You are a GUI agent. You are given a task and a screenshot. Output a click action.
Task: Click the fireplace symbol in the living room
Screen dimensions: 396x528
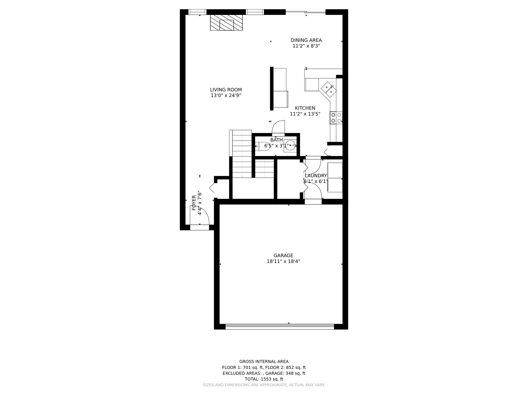pyautogui.click(x=226, y=23)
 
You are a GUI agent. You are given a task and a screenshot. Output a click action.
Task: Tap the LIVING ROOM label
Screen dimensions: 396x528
pyautogui.click(x=226, y=90)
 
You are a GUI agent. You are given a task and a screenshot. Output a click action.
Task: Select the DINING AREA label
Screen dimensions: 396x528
pyautogui.click(x=306, y=40)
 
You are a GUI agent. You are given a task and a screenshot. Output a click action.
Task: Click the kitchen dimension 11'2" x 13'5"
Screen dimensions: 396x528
pyautogui.click(x=305, y=114)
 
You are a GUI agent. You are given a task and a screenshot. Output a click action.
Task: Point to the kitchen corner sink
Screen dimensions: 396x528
pyautogui.click(x=328, y=89)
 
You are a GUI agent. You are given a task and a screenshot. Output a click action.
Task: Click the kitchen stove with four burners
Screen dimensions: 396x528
pyautogui.click(x=336, y=118)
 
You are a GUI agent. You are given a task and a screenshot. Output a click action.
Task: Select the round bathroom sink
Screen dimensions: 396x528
pyautogui.click(x=290, y=145)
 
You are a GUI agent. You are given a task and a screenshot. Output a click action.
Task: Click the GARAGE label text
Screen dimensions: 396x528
pyautogui.click(x=283, y=255)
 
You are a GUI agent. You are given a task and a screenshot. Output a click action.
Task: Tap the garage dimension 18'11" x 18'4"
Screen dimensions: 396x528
pyautogui.click(x=283, y=261)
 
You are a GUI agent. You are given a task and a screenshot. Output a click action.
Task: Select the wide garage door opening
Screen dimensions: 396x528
pyautogui.click(x=280, y=326)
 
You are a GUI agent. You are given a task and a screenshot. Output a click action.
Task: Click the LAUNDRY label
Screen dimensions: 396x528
pyautogui.click(x=316, y=176)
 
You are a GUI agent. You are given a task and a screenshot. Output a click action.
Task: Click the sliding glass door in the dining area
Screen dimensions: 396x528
pyautogui.click(x=306, y=12)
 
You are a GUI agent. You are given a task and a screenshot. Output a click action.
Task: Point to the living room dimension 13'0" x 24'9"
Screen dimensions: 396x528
pyautogui.click(x=226, y=96)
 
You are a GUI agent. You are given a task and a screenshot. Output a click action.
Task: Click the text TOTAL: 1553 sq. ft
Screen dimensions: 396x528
pyautogui.click(x=264, y=379)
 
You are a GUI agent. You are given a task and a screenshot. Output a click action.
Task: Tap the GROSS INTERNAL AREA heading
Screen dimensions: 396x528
pyautogui.click(x=264, y=362)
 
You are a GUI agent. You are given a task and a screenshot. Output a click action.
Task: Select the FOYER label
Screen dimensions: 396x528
pyautogui.click(x=194, y=203)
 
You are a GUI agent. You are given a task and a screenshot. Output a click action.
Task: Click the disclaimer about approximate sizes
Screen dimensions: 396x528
pyautogui.click(x=264, y=385)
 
